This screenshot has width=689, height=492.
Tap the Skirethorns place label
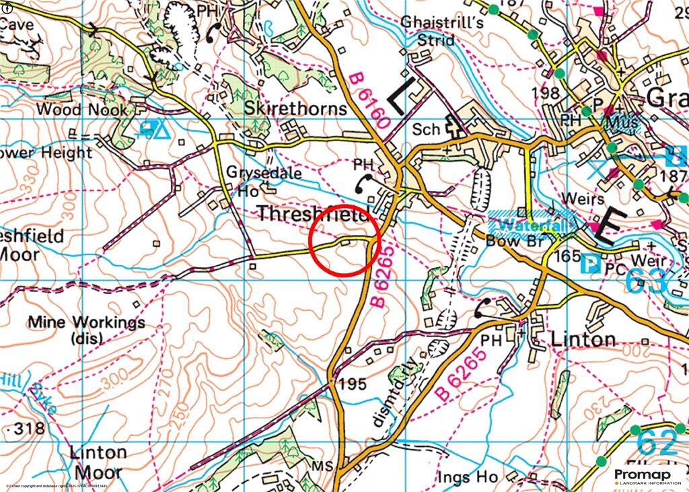point(296,108)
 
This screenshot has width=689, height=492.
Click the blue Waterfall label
point(532,225)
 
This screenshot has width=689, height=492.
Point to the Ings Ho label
point(467,477)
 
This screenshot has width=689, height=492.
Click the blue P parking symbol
point(590,265)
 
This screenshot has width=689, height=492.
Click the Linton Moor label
point(98,461)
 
